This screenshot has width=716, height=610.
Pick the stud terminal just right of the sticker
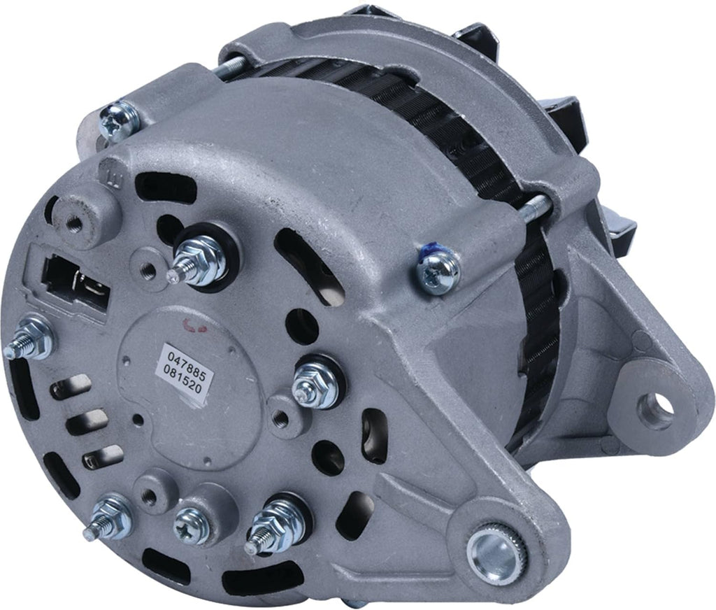[x=315, y=381]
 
